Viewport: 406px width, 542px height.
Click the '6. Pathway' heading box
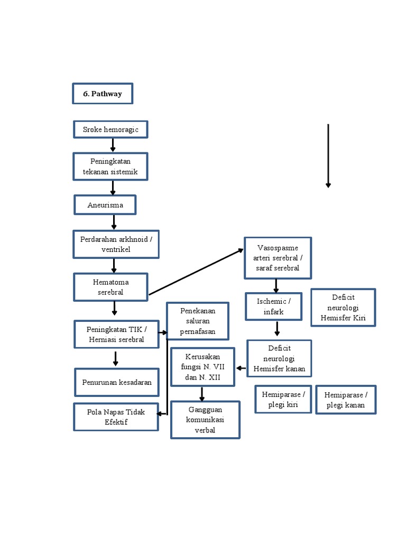coord(103,94)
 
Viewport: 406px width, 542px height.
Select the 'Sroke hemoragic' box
coord(110,129)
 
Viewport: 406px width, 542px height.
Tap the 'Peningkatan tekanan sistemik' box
coord(110,166)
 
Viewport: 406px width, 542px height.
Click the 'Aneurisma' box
coord(105,205)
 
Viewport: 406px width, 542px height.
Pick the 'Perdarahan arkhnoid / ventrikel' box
coord(116,244)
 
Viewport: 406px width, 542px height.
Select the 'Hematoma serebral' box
coord(110,287)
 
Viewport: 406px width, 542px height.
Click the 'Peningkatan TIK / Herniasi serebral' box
coord(116,334)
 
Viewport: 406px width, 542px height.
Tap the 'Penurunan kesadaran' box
coord(116,382)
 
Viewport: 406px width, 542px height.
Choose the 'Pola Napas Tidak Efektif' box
coord(116,417)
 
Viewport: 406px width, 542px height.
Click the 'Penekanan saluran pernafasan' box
coord(198,321)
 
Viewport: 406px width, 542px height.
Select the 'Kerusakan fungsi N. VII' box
coord(202,367)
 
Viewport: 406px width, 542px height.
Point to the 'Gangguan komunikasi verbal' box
coord(205,420)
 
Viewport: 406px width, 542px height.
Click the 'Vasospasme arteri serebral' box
coord(278,258)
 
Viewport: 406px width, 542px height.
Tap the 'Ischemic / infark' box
coord(273,306)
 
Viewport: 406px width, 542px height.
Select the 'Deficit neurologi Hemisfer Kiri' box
coord(343,308)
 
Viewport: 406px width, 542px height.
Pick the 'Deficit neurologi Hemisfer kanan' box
coord(279,358)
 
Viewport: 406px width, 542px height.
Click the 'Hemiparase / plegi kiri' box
coord(283,399)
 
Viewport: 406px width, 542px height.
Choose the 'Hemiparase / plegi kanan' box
coord(346,400)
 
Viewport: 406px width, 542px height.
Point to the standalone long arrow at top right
coord(328,156)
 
